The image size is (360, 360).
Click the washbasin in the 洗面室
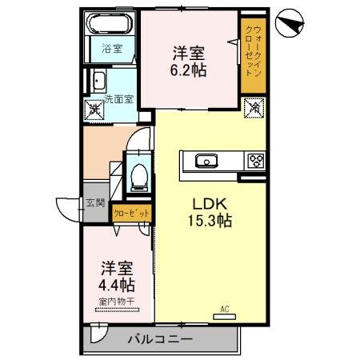(98, 81)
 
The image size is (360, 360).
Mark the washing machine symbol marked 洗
(94, 108)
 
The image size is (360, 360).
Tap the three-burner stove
(257, 160)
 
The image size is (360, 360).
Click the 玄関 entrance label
(95, 203)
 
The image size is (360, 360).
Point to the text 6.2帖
(190, 70)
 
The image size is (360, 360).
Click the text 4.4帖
(117, 285)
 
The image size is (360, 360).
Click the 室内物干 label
(117, 302)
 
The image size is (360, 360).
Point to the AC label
(225, 308)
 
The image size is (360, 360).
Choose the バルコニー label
(160, 340)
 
